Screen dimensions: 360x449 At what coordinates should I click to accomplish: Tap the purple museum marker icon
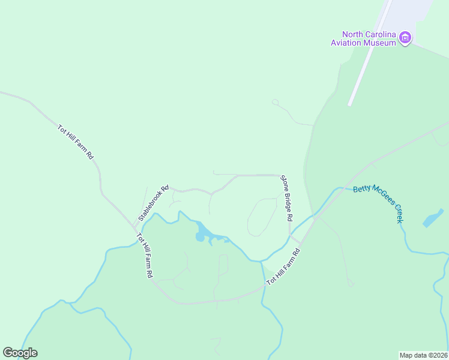tap(406, 38)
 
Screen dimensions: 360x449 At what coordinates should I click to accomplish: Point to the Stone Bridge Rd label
tap(287, 198)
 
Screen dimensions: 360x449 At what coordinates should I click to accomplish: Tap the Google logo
tap(20, 353)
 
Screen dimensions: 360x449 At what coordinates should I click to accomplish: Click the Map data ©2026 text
tap(423, 355)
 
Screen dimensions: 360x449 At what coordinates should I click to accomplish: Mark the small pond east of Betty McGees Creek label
tap(433, 219)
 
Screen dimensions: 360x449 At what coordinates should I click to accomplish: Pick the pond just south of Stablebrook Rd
tap(201, 233)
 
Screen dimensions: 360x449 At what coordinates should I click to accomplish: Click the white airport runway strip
tap(369, 54)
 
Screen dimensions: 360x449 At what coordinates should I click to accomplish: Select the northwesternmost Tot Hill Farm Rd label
tap(76, 142)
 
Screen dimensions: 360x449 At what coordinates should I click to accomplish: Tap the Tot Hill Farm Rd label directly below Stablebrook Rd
tap(145, 255)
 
